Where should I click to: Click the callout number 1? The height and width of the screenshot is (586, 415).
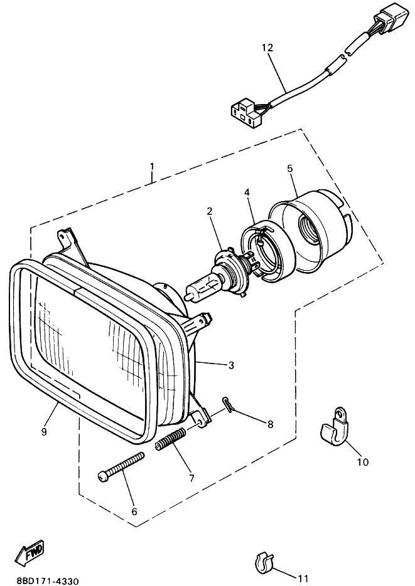[151, 167]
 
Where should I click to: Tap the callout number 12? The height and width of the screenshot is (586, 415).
[267, 48]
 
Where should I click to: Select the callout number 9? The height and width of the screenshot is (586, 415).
[44, 431]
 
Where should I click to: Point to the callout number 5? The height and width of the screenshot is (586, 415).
[289, 168]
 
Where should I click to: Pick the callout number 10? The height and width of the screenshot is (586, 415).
[362, 463]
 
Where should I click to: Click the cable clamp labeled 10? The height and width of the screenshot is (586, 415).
[333, 426]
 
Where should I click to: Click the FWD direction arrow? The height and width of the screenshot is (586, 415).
[30, 552]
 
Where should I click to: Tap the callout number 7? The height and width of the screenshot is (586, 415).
[191, 478]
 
